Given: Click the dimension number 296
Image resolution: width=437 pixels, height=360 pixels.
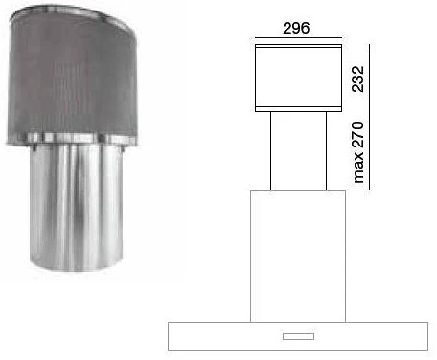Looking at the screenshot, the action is pos(296,28).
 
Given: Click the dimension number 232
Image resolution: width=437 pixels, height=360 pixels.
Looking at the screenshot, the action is pos(357,79).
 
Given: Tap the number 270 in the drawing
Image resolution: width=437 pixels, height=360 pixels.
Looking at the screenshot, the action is pos(357,134).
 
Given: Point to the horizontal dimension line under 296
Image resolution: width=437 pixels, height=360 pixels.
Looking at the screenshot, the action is pos(299,38).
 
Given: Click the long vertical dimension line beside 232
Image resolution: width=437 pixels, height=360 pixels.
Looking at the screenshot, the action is pos(370,117).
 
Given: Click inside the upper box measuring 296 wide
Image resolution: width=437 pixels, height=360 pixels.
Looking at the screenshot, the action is pos(299,78).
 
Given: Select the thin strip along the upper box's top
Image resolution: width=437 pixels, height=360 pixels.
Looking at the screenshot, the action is pos(299,46).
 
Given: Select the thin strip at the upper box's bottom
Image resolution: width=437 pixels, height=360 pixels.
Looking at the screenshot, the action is pos(299,109).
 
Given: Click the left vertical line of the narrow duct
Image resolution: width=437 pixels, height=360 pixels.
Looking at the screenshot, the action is pos(271,150).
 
